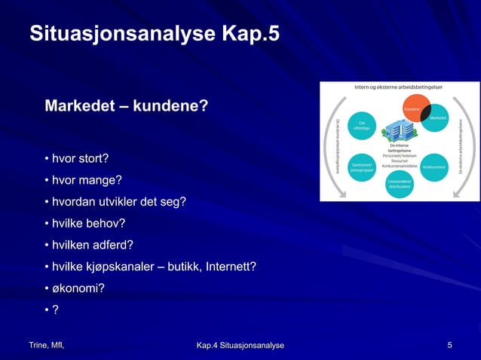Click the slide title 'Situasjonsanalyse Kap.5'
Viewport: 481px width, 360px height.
[x=154, y=34]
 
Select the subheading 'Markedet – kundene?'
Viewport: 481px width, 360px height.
[x=126, y=105]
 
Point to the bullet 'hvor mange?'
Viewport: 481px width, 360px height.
[x=83, y=181]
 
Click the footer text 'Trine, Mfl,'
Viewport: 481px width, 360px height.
[x=46, y=345]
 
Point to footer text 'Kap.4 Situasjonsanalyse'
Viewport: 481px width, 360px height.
[x=240, y=345]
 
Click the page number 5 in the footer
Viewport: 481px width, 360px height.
[x=449, y=345]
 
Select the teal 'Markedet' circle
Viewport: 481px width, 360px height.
[x=437, y=118]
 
